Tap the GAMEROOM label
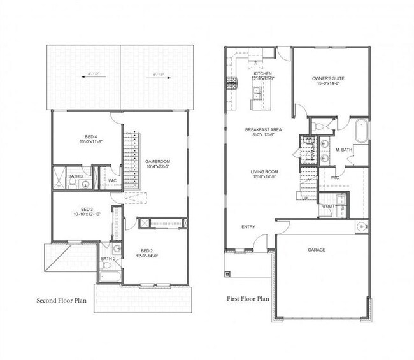155,161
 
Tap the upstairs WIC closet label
112,180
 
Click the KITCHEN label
262,74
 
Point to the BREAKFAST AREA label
263,130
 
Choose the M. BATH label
345,150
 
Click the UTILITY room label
328,206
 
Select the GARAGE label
317,250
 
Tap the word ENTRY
248,227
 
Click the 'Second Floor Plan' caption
67,299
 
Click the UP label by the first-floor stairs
304,199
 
